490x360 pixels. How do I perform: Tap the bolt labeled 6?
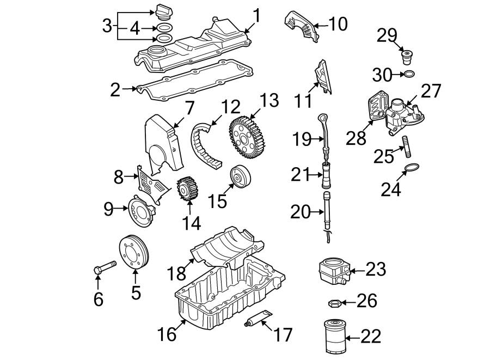point(105,268)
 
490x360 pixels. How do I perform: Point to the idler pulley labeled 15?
point(240,178)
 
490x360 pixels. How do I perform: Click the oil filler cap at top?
point(163,11)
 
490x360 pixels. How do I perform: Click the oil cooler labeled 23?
point(332,270)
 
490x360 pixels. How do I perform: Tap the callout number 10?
point(338,23)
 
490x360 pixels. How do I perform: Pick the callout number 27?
point(430,90)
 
